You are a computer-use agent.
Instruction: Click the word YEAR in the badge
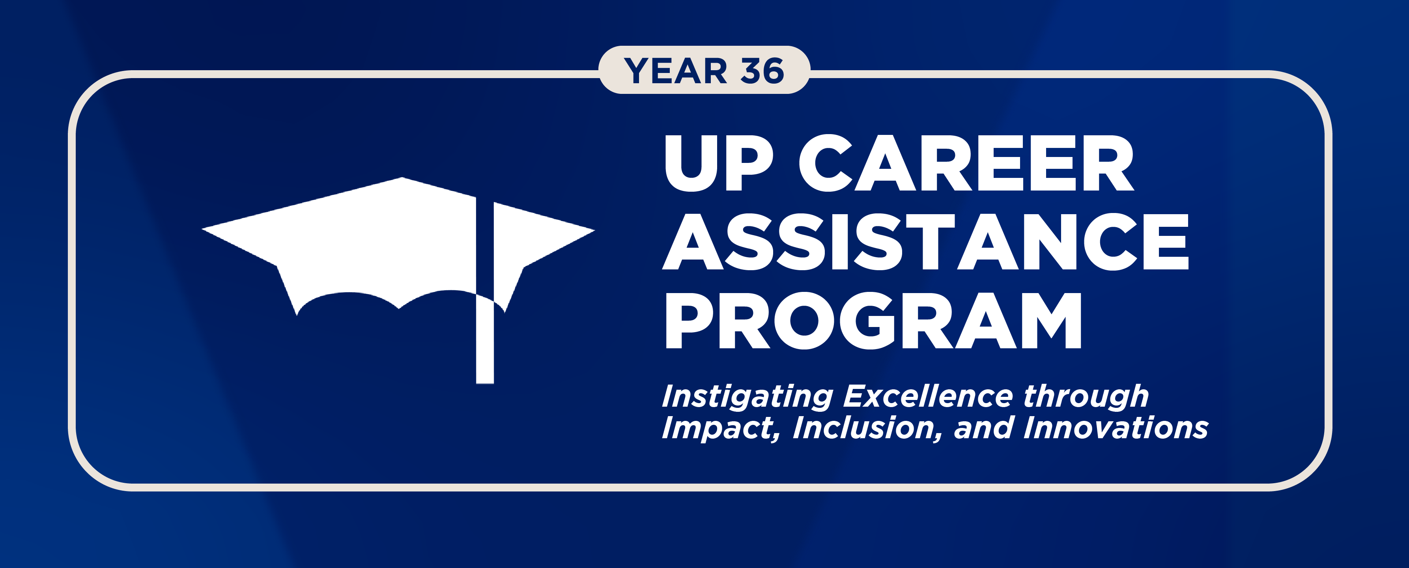[x=676, y=71]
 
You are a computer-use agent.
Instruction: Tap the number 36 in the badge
[x=762, y=71]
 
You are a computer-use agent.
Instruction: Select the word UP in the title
[x=719, y=163]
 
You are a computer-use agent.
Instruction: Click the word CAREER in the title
[x=966, y=163]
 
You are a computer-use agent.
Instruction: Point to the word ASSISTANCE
[x=925, y=241]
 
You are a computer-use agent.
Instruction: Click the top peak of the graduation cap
[x=402, y=179]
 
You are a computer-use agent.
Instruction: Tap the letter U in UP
[x=691, y=163]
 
